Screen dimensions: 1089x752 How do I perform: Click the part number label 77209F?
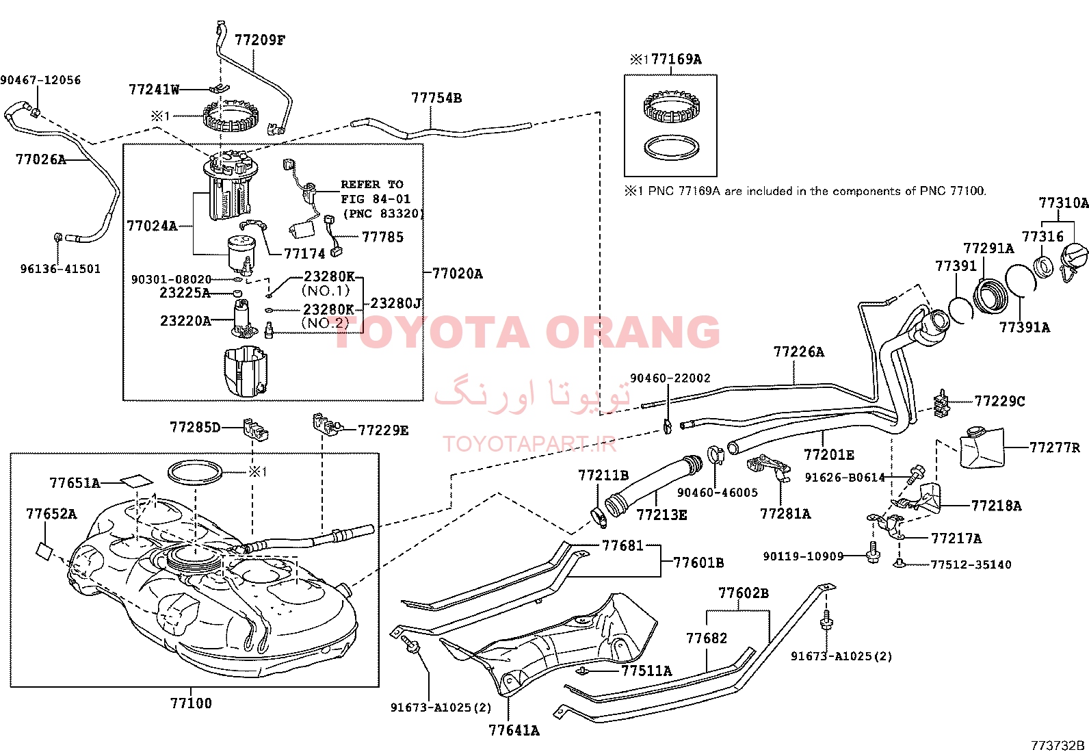260,40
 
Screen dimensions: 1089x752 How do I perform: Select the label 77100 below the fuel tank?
191,703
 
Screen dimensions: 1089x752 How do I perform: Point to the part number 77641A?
514,730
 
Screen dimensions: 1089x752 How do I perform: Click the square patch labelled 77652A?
45,551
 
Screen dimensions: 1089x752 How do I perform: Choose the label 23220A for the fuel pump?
185,321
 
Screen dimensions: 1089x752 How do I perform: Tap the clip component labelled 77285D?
256,429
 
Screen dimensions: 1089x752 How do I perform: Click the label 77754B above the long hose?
436,98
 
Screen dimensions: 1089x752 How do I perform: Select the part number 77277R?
1055,448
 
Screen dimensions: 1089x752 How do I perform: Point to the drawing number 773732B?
1058,745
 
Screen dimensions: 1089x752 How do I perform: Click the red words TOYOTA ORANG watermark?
527,333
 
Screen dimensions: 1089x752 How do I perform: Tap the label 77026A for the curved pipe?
41,159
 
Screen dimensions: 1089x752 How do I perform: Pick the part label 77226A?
799,352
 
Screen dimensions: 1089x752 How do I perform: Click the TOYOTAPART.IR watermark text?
529,444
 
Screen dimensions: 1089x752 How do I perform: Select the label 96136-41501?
60,269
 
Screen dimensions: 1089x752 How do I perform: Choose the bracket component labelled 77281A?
768,468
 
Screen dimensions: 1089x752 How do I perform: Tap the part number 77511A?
646,671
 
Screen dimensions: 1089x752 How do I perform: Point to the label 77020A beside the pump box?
458,274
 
